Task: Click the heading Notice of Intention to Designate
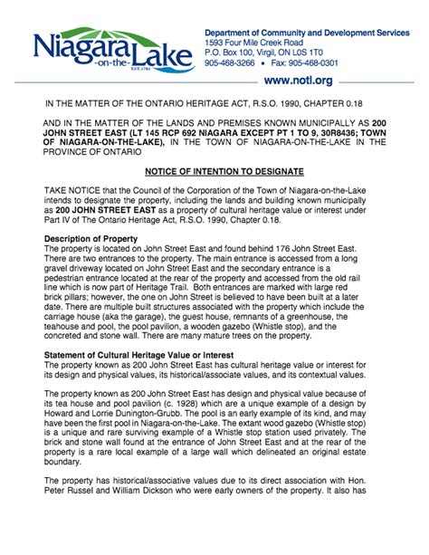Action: tap(214, 171)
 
